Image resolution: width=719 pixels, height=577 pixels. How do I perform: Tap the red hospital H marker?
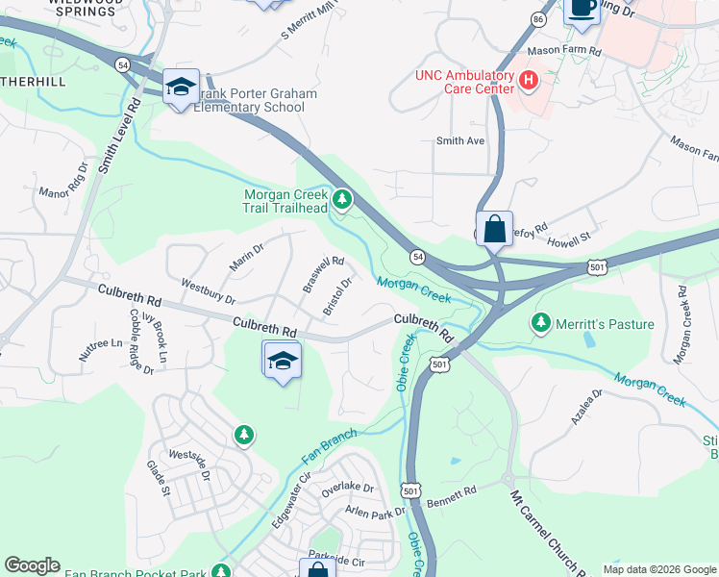[x=528, y=81]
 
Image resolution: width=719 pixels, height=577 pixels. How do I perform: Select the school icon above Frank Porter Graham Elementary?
[x=181, y=88]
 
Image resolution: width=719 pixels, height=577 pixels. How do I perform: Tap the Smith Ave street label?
[x=460, y=141]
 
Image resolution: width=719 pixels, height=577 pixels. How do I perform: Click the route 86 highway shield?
[x=538, y=18]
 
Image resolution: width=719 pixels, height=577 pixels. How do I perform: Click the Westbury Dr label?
[x=209, y=289]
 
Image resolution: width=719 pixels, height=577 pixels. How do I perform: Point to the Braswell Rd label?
[x=323, y=274]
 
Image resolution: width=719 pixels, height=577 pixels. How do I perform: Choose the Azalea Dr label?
[x=585, y=407]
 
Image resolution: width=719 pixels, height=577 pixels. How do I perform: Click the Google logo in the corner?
[x=32, y=565]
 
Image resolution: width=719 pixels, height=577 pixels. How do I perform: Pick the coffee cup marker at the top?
[x=581, y=8]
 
